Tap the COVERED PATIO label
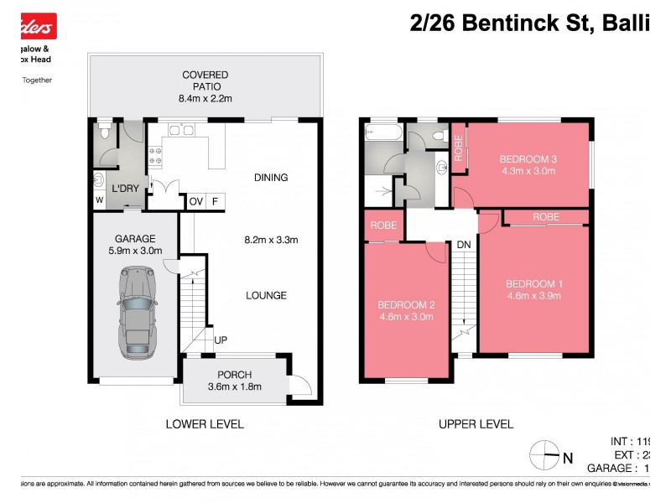tap(205, 75)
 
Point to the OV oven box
tap(195, 201)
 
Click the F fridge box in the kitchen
tap(216, 201)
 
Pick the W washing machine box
tap(99, 200)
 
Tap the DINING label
tap(271, 178)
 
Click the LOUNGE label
tap(267, 295)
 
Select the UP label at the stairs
tap(221, 340)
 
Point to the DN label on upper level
tap(463, 245)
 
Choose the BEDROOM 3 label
tap(528, 159)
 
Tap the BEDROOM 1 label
tap(534, 284)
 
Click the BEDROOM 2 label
tap(405, 305)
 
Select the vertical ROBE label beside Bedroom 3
tap(458, 148)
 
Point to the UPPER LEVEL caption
tap(476, 424)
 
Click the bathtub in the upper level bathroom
tap(382, 132)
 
